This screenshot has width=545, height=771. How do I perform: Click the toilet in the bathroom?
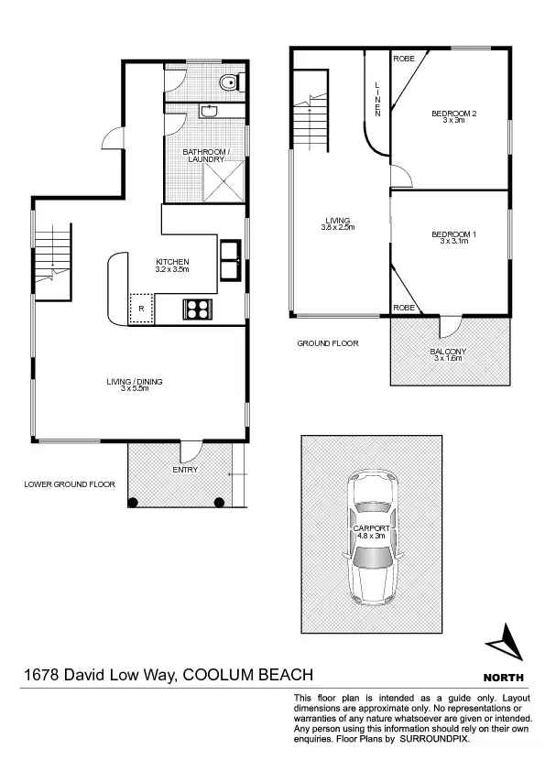point(229,84)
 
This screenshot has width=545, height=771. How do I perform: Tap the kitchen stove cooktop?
point(197,309)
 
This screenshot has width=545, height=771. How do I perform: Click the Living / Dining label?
point(134,384)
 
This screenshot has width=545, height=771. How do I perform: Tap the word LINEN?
point(377,99)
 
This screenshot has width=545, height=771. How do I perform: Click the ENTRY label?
point(184,470)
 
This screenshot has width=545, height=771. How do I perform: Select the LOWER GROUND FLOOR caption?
point(70,484)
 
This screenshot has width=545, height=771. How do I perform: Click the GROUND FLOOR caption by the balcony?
point(327,343)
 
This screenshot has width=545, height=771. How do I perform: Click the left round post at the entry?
point(133,501)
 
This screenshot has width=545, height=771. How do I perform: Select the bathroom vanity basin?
point(209,111)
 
